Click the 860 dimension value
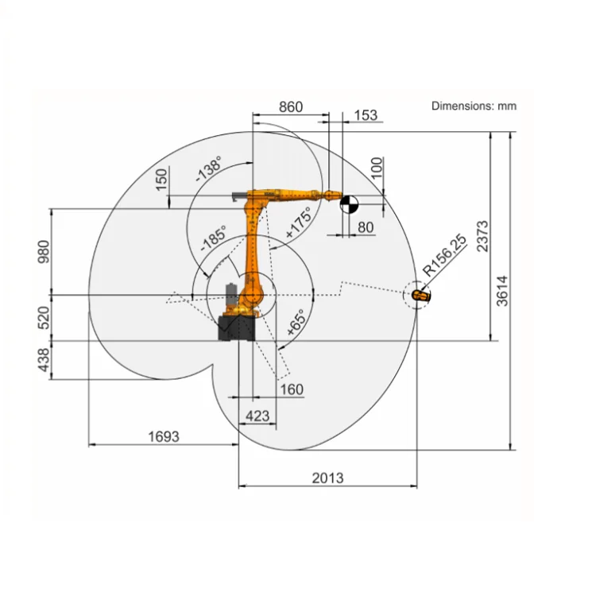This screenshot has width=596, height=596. [290, 107]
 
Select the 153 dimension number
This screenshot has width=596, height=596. [365, 115]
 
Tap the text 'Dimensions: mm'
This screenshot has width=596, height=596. [474, 105]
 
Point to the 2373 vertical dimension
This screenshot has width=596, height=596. [484, 236]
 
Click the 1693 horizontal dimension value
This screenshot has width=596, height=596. [164, 436]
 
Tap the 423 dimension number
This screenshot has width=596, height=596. [257, 415]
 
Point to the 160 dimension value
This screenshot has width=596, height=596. [292, 389]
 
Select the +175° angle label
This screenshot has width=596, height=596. [298, 224]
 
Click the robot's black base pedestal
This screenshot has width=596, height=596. [238, 328]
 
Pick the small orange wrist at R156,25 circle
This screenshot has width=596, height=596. [420, 296]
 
